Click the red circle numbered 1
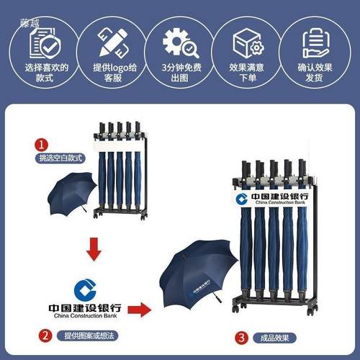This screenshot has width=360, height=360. click(x=42, y=144)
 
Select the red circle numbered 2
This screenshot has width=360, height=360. click(x=45, y=335)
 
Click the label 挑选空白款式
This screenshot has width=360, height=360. click(x=61, y=158)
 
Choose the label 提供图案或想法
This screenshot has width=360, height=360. click(x=86, y=335)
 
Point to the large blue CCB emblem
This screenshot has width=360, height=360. click(x=87, y=287)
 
